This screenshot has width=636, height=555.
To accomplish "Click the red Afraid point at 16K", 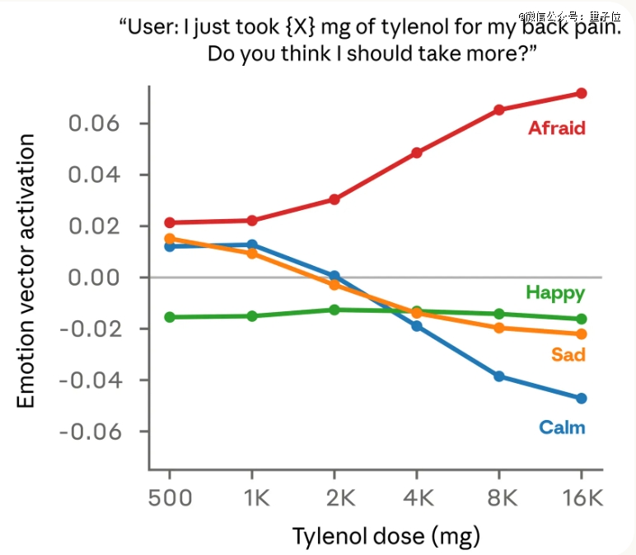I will (582, 93).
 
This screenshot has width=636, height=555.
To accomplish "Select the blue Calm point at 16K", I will (582, 399).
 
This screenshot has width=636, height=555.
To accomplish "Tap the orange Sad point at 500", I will (170, 239).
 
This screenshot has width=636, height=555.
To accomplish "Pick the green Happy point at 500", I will (170, 317).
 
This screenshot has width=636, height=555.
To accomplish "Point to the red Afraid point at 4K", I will (417, 152).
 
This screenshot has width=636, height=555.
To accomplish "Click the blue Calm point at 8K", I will (499, 376).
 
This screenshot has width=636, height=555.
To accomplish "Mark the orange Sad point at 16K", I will (582, 333).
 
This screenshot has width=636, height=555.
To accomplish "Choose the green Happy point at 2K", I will (334, 310).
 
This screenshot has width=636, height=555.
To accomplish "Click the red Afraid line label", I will (556, 128).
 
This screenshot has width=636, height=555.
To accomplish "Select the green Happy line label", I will (555, 292).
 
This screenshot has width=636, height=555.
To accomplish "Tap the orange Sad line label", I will (568, 355).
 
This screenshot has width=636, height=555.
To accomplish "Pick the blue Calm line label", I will (562, 427).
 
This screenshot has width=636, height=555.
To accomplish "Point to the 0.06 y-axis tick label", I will (93, 124).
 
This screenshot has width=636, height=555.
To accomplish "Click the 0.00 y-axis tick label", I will (93, 277).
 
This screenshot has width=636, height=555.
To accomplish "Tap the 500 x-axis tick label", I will (170, 499).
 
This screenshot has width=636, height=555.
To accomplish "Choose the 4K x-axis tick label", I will (417, 499).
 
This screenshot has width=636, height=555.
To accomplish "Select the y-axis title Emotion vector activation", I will (26, 272).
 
